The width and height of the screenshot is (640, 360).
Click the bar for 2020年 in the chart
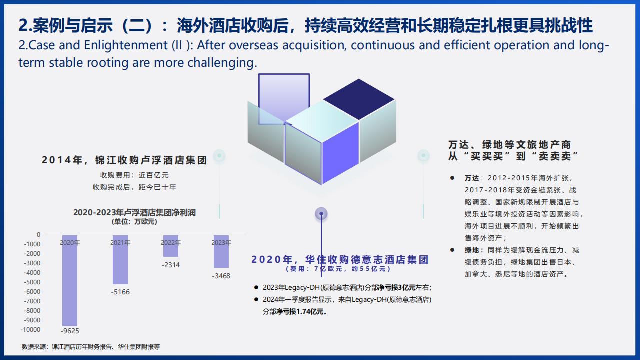(x=70, y=280)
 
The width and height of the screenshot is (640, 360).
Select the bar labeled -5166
(x=120, y=259)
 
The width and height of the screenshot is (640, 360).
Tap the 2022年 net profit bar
(x=171, y=246)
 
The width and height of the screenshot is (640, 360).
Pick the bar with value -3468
(x=221, y=251)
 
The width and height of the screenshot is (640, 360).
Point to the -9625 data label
(x=70, y=331)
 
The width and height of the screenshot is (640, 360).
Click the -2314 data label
(x=171, y=265)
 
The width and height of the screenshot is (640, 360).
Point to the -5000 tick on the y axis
(x=32, y=282)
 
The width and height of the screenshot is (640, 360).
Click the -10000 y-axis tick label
(x=31, y=329)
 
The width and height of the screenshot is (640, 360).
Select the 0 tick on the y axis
(x=39, y=235)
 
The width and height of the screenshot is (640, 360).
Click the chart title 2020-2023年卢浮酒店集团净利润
(x=134, y=212)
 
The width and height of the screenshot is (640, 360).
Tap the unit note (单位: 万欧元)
(x=134, y=222)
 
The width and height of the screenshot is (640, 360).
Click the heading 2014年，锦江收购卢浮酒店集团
(x=124, y=160)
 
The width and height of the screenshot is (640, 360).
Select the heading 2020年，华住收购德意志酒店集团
(x=340, y=259)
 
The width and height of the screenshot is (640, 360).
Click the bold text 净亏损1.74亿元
(x=302, y=311)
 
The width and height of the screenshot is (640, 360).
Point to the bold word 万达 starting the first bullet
(x=472, y=178)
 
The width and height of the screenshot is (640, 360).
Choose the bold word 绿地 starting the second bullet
(x=472, y=250)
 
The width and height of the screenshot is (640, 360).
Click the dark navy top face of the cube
(x=359, y=99)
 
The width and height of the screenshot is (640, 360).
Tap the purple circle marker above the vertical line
(x=321, y=213)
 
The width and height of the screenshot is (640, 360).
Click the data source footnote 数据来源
(x=91, y=347)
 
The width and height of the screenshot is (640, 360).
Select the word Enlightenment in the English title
(x=126, y=45)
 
